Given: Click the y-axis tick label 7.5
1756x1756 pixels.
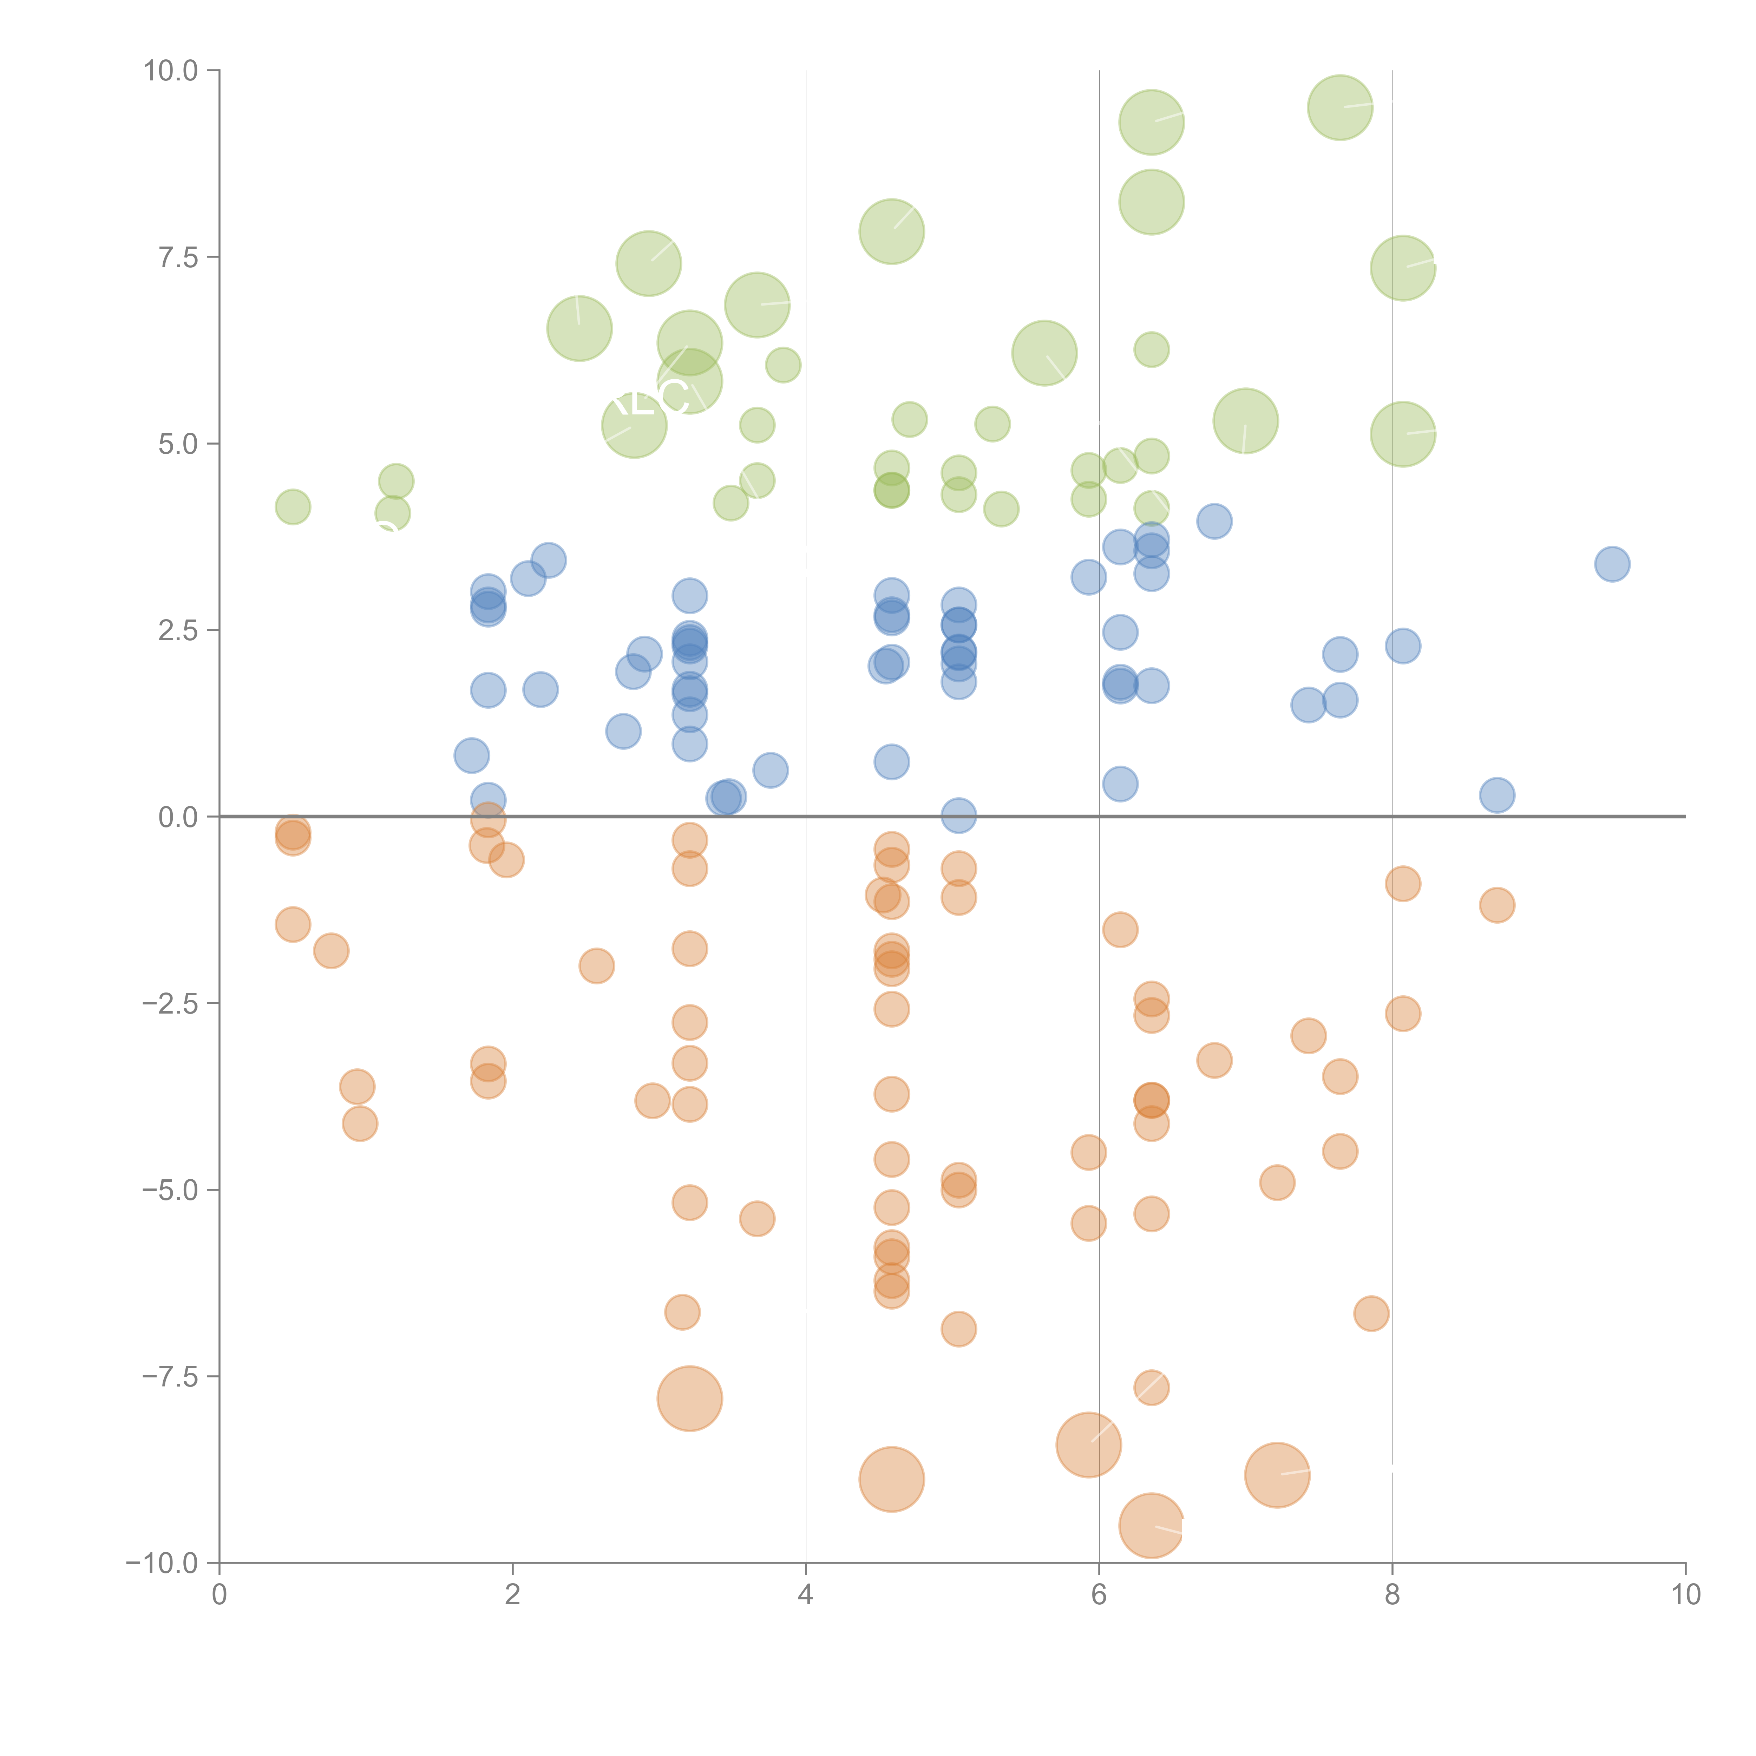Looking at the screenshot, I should pyautogui.click(x=178, y=257).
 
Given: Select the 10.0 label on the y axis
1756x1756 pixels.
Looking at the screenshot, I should pyautogui.click(x=171, y=71).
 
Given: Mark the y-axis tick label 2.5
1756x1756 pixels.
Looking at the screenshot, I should pyautogui.click(x=178, y=631).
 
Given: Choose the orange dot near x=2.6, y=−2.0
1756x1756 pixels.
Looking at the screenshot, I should pyautogui.click(x=596, y=965).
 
